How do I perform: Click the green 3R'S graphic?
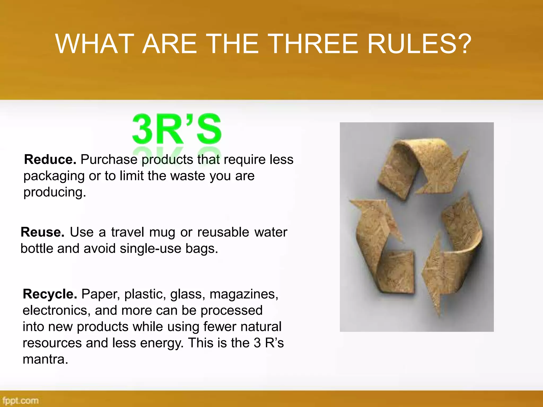(177, 129)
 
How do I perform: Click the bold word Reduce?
(50, 160)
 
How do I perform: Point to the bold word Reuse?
(42, 232)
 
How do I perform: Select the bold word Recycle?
(50, 294)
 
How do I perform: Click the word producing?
(55, 192)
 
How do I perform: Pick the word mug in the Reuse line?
(162, 232)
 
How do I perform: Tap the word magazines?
(244, 294)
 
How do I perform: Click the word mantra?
(45, 359)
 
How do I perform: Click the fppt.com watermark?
(20, 400)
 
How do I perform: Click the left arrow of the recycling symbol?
(379, 244)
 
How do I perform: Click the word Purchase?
(109, 160)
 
